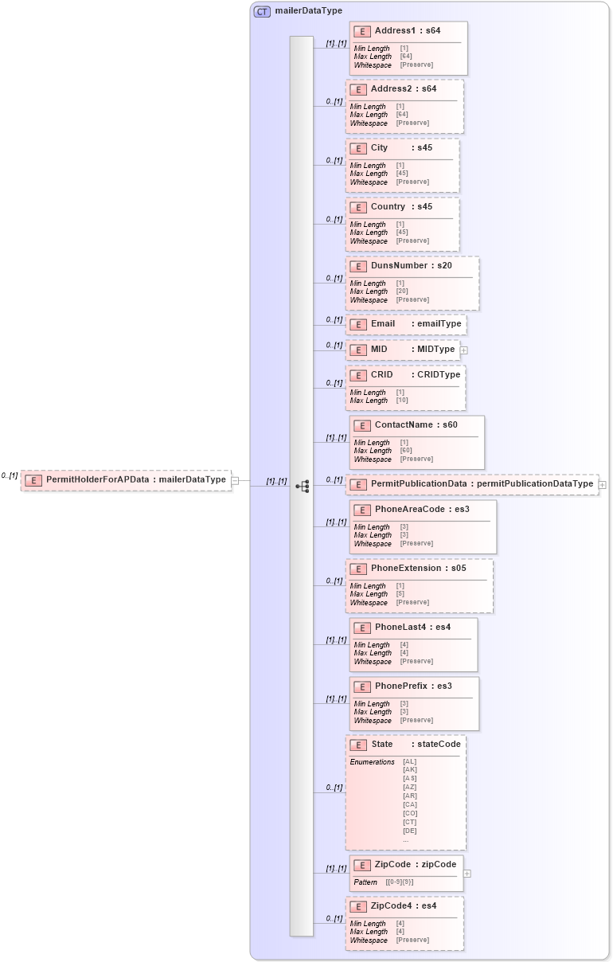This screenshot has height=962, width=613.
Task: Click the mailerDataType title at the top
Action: pyautogui.click(x=308, y=11)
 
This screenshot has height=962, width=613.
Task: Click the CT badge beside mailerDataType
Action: pyautogui.click(x=262, y=11)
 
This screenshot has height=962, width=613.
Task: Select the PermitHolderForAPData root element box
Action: pyautogui.click(x=127, y=480)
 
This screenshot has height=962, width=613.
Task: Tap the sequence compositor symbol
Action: pyautogui.click(x=302, y=486)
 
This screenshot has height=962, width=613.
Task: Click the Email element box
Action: pyautogui.click(x=405, y=325)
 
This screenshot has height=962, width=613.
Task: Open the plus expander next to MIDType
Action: pyautogui.click(x=463, y=350)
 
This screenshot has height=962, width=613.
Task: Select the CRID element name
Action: pyautogui.click(x=381, y=374)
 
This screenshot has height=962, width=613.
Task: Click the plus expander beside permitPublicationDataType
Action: pyautogui.click(x=602, y=484)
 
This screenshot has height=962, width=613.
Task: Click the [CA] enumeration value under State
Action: pyautogui.click(x=410, y=805)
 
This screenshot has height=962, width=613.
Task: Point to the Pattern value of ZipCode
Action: pyautogui.click(x=400, y=882)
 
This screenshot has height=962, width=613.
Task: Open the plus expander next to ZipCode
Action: pyautogui.click(x=467, y=874)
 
